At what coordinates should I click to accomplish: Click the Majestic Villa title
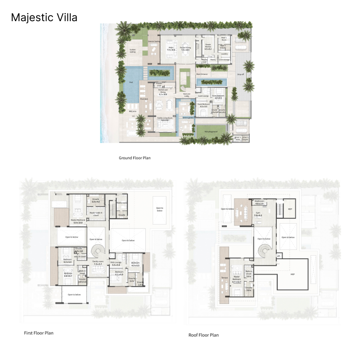44,18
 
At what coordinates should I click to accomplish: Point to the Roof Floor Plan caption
204,335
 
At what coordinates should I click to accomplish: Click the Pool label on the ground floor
131,83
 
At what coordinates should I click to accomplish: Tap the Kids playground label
211,131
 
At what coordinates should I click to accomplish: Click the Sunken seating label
133,51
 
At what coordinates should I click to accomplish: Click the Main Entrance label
201,74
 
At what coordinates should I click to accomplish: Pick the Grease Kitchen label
208,45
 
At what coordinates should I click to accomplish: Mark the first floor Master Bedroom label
78,221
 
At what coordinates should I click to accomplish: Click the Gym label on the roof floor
258,215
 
